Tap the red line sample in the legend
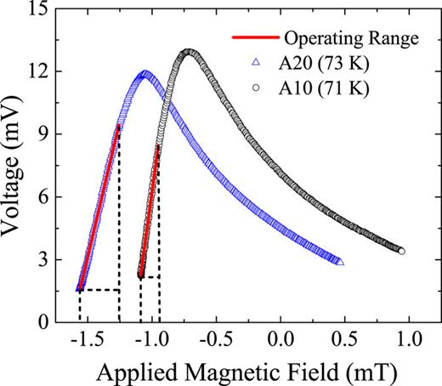pos(255,38)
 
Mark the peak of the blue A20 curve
pos(146,72)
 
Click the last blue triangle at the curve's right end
pos(340,263)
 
